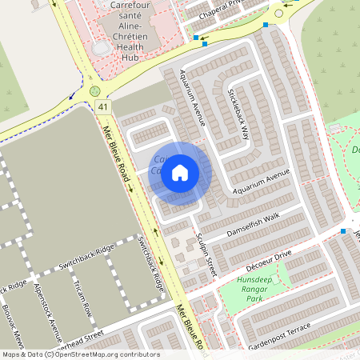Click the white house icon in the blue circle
180,172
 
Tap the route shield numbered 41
102,106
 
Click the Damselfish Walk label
254,222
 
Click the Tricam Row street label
82,298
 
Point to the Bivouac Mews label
18,323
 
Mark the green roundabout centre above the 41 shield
95,91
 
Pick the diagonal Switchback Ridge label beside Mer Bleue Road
151,263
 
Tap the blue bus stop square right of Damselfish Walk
343,231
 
